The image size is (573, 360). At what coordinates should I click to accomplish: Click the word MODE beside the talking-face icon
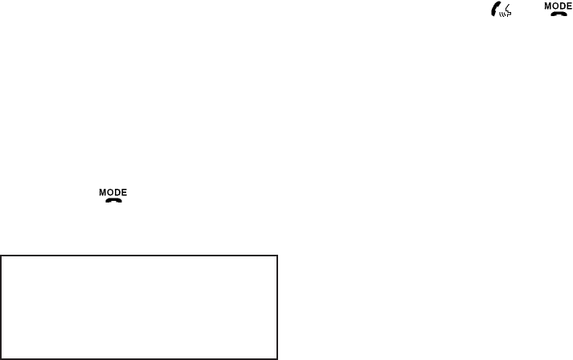coord(559,6)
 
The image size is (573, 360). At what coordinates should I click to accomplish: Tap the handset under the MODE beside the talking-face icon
coord(559,14)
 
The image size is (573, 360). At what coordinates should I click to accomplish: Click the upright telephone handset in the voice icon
coord(493,9)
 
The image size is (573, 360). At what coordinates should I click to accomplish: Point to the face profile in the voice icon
coord(507,8)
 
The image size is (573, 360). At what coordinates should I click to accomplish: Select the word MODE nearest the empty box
coord(113,192)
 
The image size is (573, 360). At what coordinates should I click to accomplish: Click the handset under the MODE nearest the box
coord(113,200)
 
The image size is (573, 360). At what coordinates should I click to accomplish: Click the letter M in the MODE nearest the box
coord(103,192)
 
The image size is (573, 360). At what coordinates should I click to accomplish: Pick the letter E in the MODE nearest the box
coord(125,192)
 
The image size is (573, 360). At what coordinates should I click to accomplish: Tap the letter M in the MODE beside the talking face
coord(548,6)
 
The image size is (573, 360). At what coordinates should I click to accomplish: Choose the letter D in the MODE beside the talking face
coord(563,6)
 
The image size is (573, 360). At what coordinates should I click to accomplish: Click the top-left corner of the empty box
coord(2,257)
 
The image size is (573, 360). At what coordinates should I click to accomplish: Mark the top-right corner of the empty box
coord(276,257)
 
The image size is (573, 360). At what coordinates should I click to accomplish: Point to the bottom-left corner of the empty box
coord(2,358)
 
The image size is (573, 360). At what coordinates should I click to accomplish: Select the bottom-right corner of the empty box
coord(276,358)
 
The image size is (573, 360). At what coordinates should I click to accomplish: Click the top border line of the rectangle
coord(139,257)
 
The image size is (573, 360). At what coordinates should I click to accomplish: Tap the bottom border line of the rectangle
coord(139,358)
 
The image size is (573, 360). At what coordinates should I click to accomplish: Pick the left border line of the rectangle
coord(2,307)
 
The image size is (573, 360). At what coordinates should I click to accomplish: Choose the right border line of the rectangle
coord(276,307)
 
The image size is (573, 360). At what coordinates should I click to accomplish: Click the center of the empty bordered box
coord(139,307)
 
